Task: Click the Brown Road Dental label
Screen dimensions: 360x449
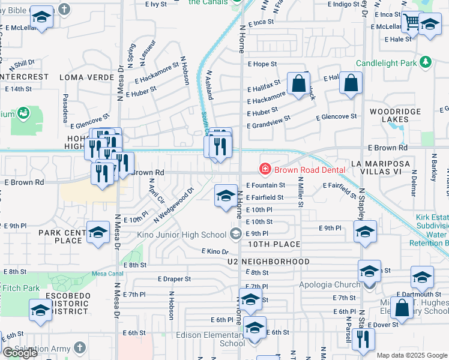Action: click(310, 170)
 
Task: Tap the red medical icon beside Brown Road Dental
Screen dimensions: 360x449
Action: click(264, 170)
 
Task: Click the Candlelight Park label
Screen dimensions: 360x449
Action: click(387, 62)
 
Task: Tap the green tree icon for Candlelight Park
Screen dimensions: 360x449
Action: click(426, 62)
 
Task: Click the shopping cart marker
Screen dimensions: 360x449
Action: click(411, 23)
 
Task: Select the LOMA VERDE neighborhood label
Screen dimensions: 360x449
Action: click(87, 77)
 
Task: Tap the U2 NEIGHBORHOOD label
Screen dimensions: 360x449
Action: click(268, 262)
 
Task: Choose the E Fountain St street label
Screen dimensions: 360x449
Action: click(265, 185)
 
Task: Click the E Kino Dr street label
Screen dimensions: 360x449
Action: click(215, 252)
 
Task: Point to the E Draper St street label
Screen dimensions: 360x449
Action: click(174, 279)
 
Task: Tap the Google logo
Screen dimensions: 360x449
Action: click(20, 353)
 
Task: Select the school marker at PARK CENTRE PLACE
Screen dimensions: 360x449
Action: click(98, 233)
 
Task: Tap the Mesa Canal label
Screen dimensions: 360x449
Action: click(107, 274)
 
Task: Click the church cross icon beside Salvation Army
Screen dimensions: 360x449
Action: click(80, 348)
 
